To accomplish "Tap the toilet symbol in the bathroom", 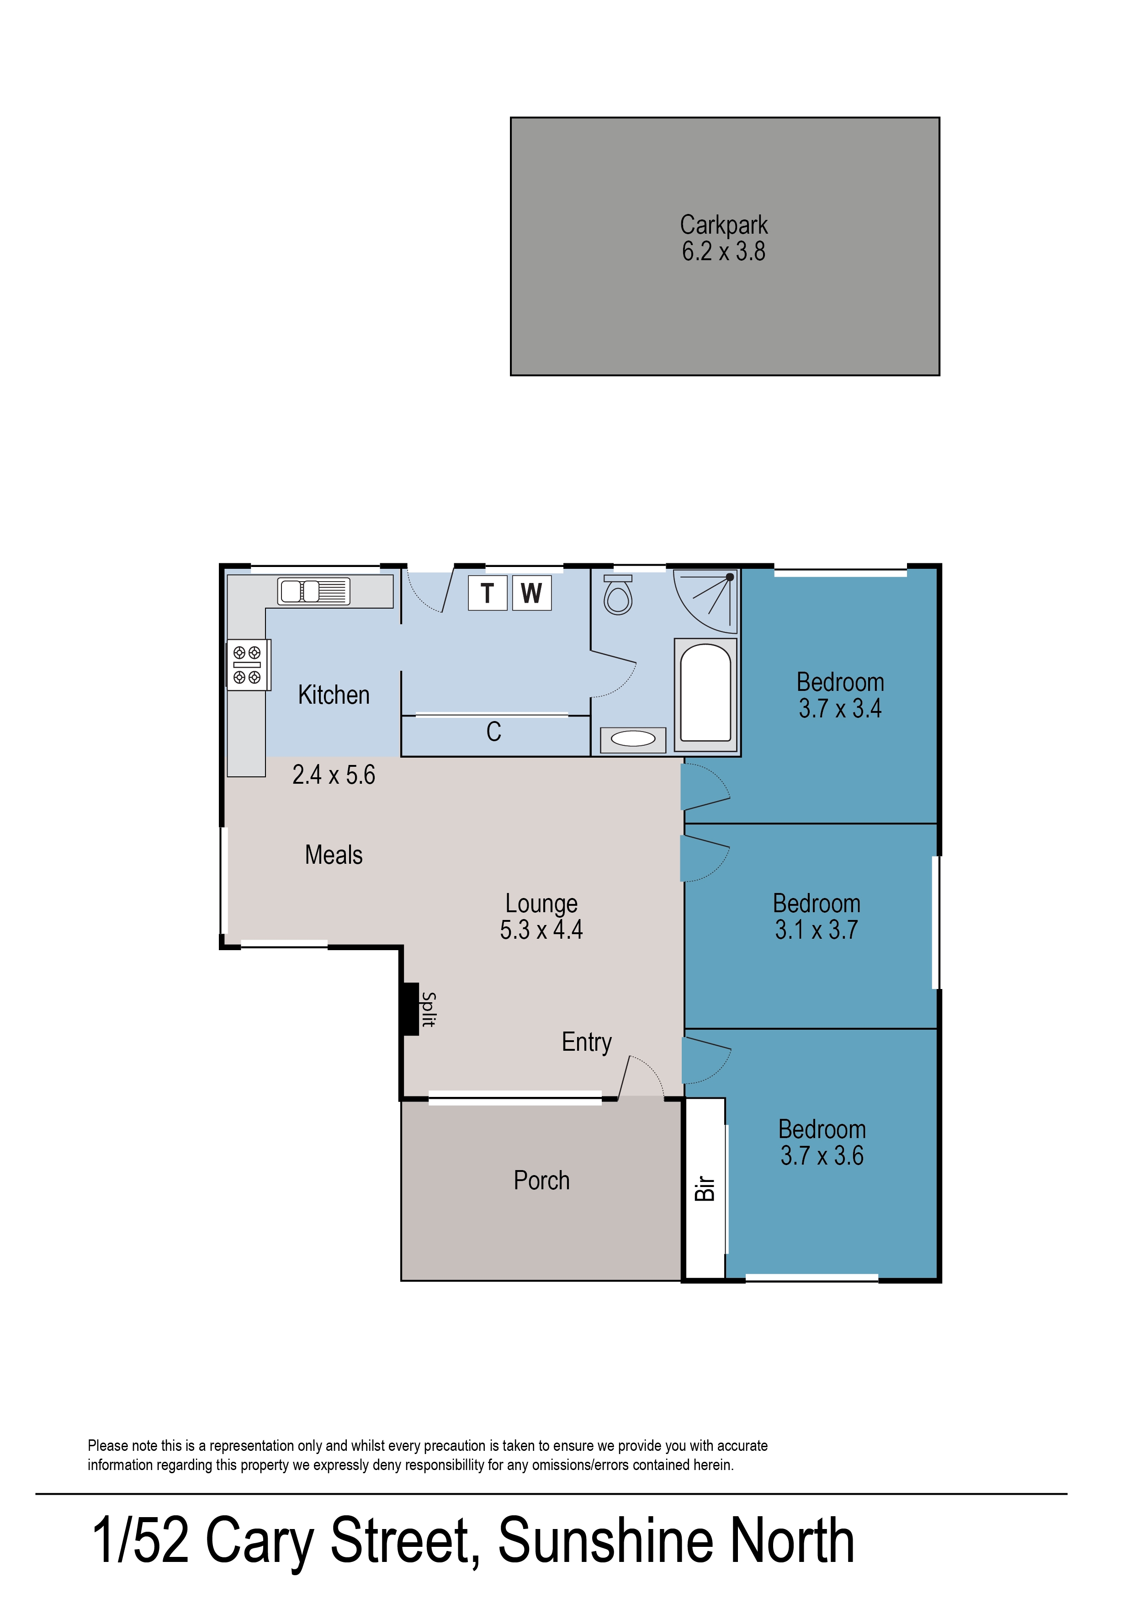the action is (x=618, y=595).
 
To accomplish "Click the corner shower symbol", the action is (x=705, y=601).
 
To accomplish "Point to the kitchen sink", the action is (x=314, y=592).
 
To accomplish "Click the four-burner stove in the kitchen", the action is (x=247, y=664).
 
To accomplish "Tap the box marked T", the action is (x=487, y=593).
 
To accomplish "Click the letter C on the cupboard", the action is (x=494, y=732).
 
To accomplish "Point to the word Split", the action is (x=429, y=1010).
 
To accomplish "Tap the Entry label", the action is (x=587, y=1042).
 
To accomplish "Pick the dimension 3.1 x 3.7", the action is (x=817, y=930).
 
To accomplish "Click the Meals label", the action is (x=334, y=855).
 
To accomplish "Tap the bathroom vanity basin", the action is (x=633, y=739).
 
